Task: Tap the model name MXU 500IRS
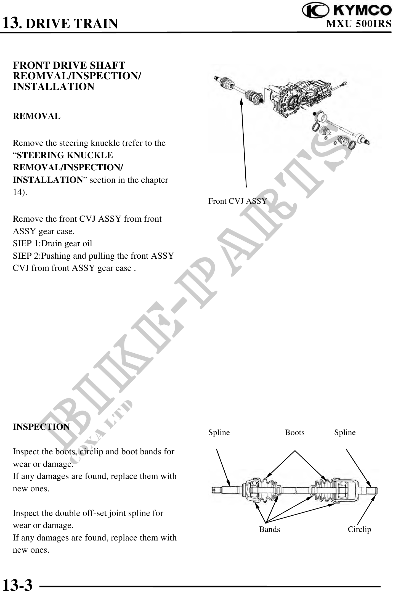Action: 359,24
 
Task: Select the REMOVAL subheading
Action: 37,116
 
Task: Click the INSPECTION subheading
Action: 41,427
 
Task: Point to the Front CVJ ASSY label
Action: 237,201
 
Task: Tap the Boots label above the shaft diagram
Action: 294,433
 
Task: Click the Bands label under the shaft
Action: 269,529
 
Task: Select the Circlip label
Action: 359,529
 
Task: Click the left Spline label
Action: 219,433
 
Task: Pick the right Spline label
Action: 345,433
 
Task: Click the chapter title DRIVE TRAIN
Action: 72,24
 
